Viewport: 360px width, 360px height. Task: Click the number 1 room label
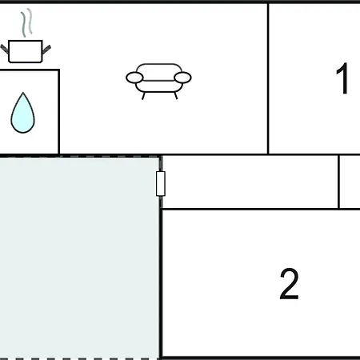[x=342, y=78]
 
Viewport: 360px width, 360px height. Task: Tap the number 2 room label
[x=289, y=284]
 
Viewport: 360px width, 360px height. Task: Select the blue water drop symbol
[x=22, y=113]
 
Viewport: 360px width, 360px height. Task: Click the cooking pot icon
[x=26, y=51]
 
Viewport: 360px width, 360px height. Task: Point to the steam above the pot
[x=26, y=22]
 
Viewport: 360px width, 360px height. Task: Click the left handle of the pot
[x=5, y=49]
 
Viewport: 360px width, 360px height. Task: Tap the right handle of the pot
[x=46, y=50]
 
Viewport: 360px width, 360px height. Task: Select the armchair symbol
[x=158, y=82]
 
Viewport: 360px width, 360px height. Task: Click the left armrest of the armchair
[x=134, y=78]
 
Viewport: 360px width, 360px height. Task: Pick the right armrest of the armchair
[x=182, y=78]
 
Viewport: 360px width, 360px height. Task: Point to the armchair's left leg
[x=143, y=96]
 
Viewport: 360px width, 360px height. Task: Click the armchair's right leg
[x=176, y=95]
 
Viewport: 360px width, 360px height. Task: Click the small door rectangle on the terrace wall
[x=161, y=184]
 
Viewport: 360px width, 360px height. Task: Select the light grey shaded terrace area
[x=79, y=258]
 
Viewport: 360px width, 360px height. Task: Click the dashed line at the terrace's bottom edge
[x=79, y=358]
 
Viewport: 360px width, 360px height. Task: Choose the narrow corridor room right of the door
[x=250, y=182]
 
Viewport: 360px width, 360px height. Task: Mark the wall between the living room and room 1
[x=268, y=78]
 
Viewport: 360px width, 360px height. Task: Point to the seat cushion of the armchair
[x=159, y=86]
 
